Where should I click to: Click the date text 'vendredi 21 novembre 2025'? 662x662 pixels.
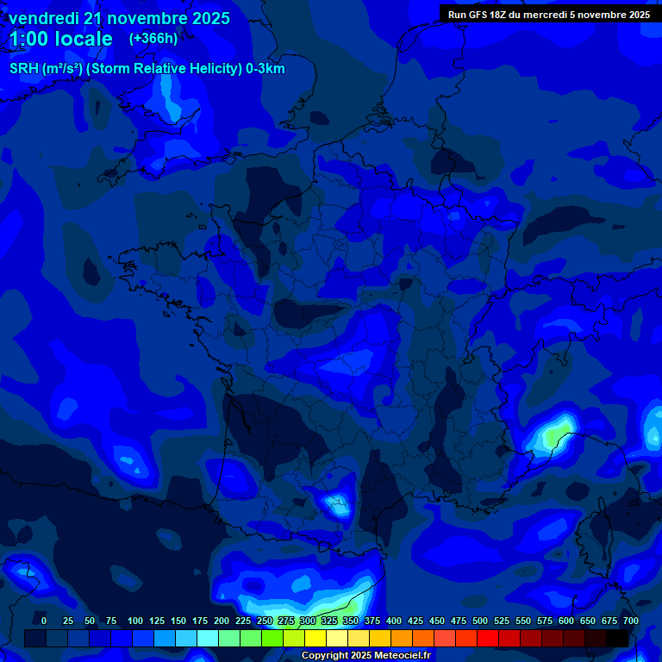point(119,18)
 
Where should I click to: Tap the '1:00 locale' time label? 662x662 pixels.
point(60,39)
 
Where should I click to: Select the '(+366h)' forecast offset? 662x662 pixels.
point(153,39)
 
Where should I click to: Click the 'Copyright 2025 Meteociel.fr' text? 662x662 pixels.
point(367,656)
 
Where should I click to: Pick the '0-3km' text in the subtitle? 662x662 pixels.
point(265,69)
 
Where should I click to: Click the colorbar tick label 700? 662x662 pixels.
point(630,621)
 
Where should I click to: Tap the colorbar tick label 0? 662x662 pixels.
point(44,621)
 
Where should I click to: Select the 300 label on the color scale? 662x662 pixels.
point(308,621)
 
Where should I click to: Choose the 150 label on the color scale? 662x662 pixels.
point(178,621)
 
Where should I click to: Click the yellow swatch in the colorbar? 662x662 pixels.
point(315,638)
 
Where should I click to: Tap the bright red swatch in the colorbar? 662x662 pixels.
point(488,638)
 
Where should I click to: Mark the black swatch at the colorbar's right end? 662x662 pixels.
point(617,638)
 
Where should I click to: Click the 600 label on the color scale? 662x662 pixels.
point(566,621)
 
